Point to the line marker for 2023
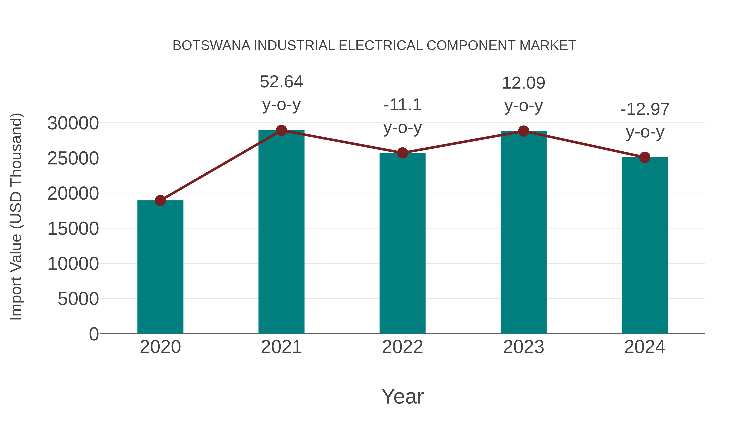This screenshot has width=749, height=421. click(523, 131)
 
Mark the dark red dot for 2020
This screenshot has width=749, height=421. click(160, 200)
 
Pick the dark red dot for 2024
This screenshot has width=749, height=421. click(645, 157)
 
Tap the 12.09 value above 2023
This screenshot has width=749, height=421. click(523, 83)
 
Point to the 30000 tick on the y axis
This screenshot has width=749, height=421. click(73, 123)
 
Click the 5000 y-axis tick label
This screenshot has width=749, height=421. click(78, 299)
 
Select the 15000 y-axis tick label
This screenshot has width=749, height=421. click(73, 229)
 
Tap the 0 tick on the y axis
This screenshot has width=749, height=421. click(94, 334)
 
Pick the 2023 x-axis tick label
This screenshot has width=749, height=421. click(523, 347)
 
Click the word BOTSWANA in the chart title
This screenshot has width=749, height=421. click(211, 46)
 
